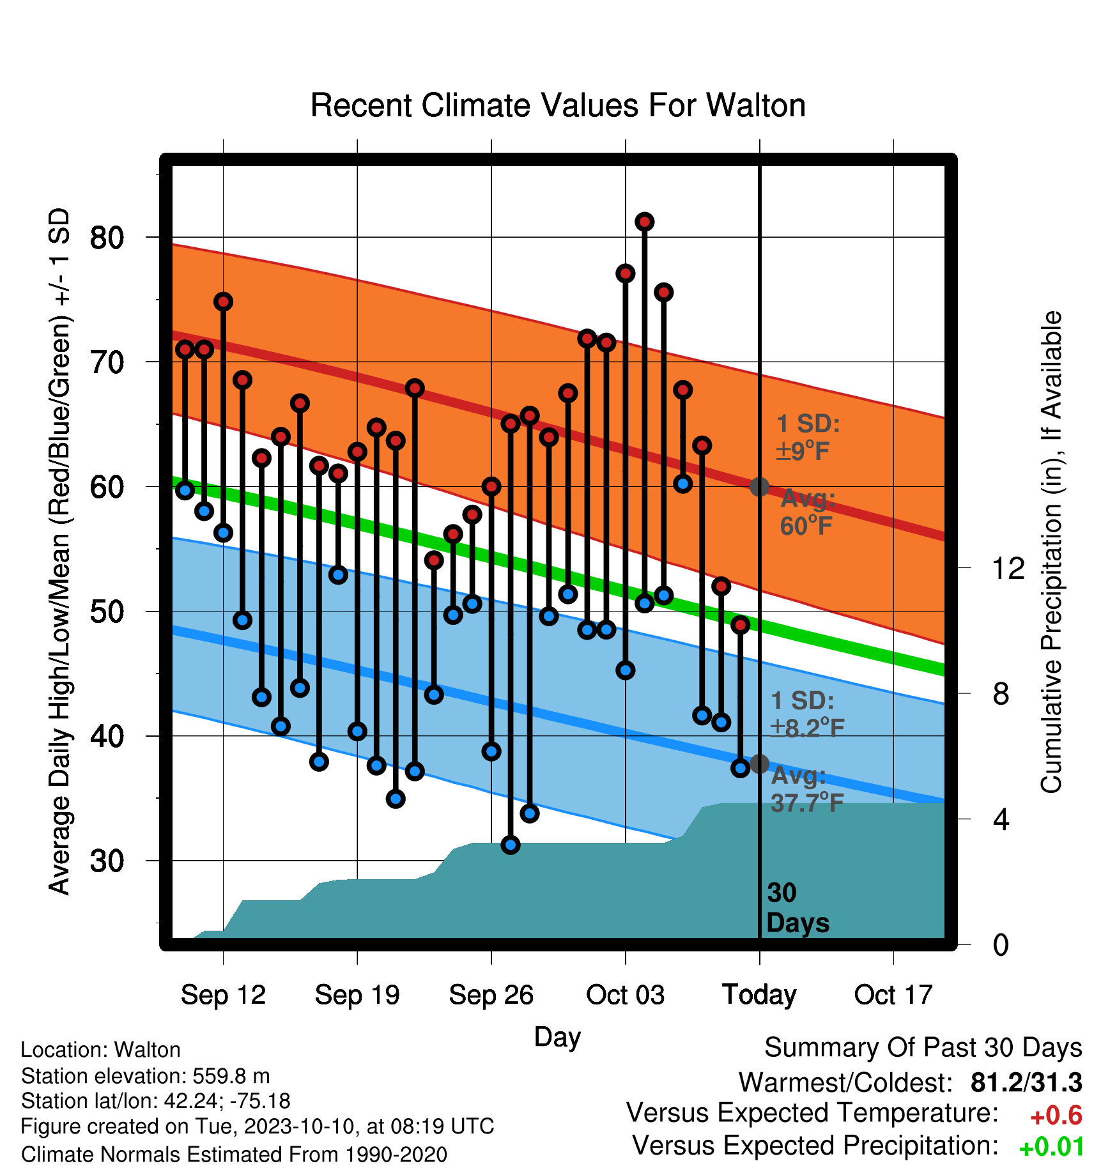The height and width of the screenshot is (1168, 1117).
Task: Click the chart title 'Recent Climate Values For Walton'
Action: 558,105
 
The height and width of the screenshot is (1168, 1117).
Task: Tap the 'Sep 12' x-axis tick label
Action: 223,995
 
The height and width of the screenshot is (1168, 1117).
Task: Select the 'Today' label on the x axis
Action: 759,995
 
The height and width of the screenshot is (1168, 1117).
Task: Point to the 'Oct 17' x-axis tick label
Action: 893,995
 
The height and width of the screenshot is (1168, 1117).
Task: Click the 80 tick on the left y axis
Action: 107,238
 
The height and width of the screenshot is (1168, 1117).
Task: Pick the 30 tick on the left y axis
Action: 107,861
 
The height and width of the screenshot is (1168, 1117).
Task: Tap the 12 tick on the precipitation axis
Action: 1008,568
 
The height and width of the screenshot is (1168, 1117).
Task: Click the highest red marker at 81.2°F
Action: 644,222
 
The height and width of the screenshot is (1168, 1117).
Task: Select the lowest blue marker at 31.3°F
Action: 511,845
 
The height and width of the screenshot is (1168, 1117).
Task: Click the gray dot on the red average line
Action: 759,487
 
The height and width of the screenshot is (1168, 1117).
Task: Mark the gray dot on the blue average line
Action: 759,764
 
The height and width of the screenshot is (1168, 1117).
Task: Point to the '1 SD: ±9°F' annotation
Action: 808,437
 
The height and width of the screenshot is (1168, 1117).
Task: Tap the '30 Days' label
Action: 797,908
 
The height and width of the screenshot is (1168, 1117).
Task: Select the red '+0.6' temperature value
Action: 1056,1116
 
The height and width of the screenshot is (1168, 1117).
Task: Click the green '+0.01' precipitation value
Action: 1052,1147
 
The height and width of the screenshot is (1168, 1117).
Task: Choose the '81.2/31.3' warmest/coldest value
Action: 1026,1082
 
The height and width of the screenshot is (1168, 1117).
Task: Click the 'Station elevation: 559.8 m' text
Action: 146,1076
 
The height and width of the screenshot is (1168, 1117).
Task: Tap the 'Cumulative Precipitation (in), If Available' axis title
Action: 1051,552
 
